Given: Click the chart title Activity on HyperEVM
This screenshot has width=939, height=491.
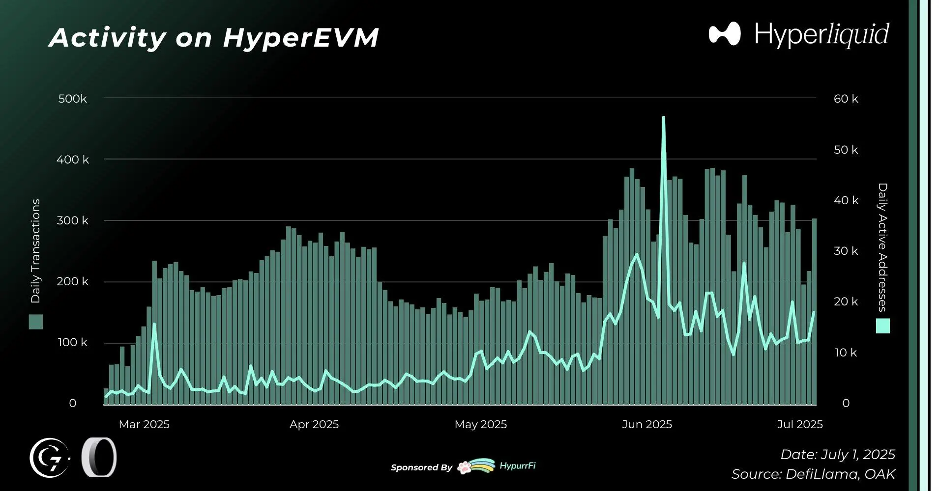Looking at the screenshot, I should coord(214,37).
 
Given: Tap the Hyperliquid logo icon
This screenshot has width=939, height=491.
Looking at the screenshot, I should coord(724,34).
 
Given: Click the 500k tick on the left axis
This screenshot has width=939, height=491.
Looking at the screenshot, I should coord(72,99).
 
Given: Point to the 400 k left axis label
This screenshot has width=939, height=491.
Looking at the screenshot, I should coord(72,160).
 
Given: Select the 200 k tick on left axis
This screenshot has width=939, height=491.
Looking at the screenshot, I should coord(72,281).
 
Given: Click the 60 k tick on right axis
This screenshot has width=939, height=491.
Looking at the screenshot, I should coord(846,99).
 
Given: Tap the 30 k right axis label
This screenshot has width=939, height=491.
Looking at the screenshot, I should coord(846,251).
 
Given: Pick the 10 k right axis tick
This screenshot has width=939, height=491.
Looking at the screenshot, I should coord(846,353).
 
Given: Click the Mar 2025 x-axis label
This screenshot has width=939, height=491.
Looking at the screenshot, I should coord(144,424).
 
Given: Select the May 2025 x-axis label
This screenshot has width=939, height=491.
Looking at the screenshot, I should coord(480,424).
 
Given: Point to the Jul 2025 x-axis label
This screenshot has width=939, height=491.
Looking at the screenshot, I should coord(799,424).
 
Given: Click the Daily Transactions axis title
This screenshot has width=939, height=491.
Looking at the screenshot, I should coord(35,250).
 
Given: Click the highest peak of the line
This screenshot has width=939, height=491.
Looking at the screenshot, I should coord(663,117).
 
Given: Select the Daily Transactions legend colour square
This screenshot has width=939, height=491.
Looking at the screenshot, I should coord(36,322).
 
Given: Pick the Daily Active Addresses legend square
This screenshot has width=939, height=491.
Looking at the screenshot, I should coord(882,326).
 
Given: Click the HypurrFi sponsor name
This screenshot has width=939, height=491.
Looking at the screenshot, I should coord(517,466).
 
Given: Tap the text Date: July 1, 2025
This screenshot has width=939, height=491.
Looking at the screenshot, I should coord(837,454).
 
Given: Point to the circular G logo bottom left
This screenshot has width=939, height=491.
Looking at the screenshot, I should coord(49,458).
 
